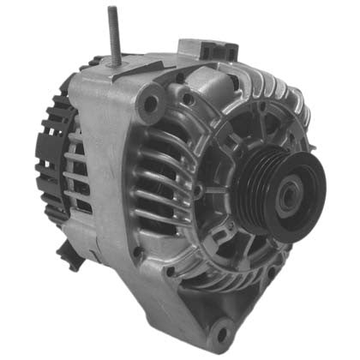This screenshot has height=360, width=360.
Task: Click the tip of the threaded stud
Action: pyautogui.click(x=111, y=10)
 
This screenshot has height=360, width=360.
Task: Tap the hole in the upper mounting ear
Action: pyautogui.click(x=151, y=105)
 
